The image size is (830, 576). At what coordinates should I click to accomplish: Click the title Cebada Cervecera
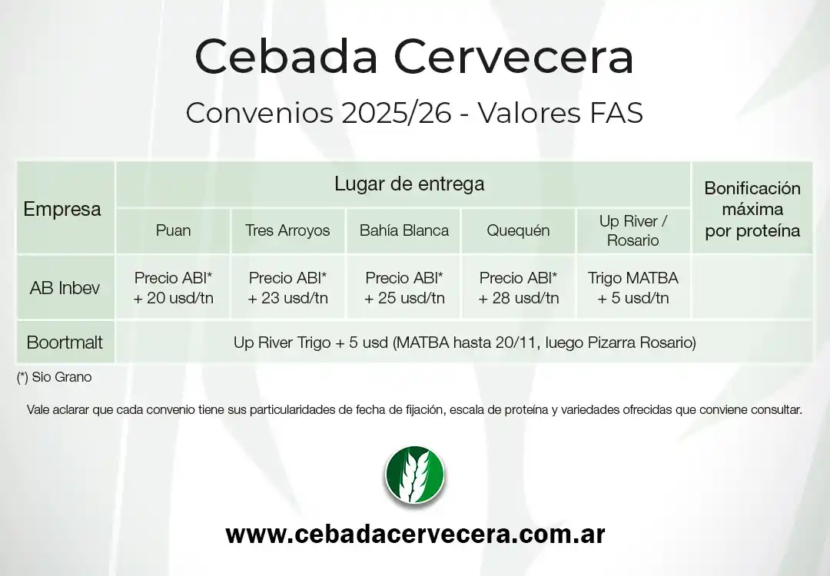click(x=414, y=57)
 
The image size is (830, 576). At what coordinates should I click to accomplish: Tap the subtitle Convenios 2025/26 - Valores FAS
click(x=414, y=114)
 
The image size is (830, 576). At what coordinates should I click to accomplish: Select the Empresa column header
click(x=62, y=209)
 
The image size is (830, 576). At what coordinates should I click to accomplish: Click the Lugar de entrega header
click(x=409, y=184)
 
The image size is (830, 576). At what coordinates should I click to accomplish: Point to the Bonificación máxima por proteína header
click(x=752, y=209)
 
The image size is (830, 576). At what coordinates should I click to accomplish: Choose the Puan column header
click(x=173, y=230)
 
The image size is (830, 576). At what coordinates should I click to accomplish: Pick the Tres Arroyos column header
click(x=287, y=230)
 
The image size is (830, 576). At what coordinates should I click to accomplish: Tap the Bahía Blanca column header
click(x=403, y=230)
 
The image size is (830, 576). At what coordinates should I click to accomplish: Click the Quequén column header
click(x=518, y=230)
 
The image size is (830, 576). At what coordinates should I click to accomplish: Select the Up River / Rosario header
click(x=632, y=230)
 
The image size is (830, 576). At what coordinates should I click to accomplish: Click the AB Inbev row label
click(x=65, y=288)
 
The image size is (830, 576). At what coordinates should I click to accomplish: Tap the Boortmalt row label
click(x=65, y=343)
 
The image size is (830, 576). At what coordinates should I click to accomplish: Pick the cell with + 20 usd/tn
click(x=173, y=288)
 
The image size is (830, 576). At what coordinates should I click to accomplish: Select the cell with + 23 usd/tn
click(x=287, y=288)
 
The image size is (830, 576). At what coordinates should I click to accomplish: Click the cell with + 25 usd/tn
click(x=403, y=288)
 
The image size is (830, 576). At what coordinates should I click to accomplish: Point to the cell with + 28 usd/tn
click(x=518, y=288)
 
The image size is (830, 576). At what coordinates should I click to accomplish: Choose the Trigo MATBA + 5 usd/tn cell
click(x=632, y=288)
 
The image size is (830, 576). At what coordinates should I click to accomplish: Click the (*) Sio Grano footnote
click(x=54, y=378)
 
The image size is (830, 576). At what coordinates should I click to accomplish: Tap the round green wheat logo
click(x=414, y=475)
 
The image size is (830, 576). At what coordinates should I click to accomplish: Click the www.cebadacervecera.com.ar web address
click(x=415, y=534)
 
